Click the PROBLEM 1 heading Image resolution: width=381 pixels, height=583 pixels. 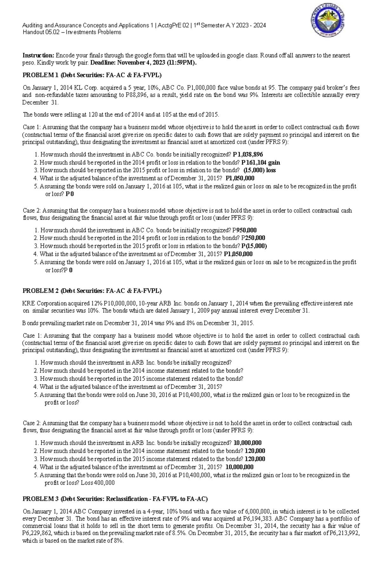tap(92, 75)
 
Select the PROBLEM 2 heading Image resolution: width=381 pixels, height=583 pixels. tap(92, 291)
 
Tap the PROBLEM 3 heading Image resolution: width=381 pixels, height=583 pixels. tap(115, 499)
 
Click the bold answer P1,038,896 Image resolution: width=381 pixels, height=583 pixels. tap(248, 155)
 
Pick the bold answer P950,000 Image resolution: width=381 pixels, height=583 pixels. tap(244, 230)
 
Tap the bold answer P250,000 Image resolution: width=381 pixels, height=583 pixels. tap(253, 238)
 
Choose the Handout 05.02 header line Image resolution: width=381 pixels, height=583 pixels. tap(71, 32)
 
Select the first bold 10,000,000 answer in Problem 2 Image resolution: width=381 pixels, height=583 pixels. tap(248, 443)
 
